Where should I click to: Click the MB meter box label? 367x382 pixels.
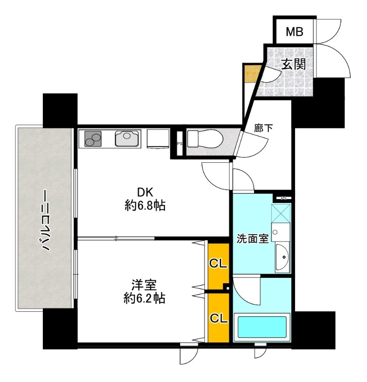(294, 32)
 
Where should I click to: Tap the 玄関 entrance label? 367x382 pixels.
(294, 64)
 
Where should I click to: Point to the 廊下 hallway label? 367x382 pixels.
(264, 127)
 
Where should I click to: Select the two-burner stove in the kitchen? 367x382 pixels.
(93, 139)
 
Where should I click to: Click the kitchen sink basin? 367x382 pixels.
(128, 138)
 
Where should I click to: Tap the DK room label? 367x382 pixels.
(145, 193)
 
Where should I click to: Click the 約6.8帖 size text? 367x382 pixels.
(145, 206)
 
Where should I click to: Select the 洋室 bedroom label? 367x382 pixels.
(144, 285)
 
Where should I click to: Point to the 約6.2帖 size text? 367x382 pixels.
(144, 298)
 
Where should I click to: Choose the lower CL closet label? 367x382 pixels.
(218, 318)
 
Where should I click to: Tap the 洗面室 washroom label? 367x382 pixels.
(253, 239)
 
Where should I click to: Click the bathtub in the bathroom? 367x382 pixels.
(262, 327)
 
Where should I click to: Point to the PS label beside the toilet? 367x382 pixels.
(180, 144)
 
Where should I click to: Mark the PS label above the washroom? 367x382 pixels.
(284, 198)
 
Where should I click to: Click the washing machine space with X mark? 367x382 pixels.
(281, 213)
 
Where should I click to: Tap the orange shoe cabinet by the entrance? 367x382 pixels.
(251, 74)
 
